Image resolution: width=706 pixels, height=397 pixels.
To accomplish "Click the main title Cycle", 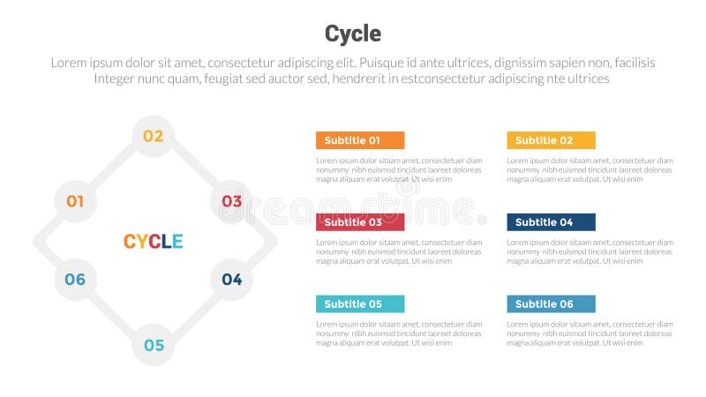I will (353, 34).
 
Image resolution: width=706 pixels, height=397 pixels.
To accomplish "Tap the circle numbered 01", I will (75, 201).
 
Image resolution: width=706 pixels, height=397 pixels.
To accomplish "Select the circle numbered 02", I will (154, 136).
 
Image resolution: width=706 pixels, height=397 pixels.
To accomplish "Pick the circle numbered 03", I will (231, 201).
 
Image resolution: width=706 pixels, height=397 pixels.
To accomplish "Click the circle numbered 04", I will (231, 280).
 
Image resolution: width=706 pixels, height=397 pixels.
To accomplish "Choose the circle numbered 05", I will (154, 345).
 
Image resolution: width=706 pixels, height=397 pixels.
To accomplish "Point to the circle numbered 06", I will (75, 280).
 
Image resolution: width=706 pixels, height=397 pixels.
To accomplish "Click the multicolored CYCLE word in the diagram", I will (154, 241).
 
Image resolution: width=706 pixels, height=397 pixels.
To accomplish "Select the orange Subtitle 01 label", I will (360, 140).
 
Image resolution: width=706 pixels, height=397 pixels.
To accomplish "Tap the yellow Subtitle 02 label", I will (551, 140).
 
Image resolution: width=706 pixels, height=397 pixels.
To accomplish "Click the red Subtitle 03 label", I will (360, 222).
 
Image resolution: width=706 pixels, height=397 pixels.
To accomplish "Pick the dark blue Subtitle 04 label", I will (551, 222).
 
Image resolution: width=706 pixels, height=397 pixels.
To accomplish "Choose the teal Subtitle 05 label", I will (360, 304).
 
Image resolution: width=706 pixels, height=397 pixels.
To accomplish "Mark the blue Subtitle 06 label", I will (551, 304).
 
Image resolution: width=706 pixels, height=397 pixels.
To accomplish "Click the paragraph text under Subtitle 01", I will (399, 169).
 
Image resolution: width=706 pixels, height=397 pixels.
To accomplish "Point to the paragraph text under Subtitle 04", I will (590, 251).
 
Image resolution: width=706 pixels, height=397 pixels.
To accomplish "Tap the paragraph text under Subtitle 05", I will (399, 333).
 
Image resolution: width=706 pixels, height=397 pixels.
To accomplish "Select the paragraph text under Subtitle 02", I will (590, 169).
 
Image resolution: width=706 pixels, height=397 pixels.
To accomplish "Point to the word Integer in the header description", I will (120, 79).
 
